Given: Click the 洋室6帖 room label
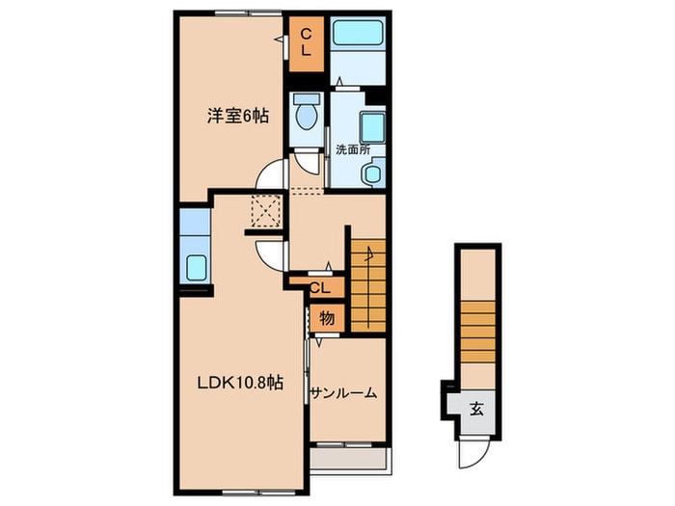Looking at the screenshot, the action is [x=238, y=117].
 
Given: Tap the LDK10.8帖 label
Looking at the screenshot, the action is [x=240, y=382].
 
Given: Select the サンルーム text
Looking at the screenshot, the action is [x=343, y=393].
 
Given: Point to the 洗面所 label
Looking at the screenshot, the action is [x=353, y=149].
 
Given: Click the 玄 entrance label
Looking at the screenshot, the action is [x=476, y=409].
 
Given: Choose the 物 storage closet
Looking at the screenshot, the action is [x=327, y=318].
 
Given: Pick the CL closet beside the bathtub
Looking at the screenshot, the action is [x=306, y=44].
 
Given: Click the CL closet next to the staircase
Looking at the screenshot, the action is [x=319, y=288].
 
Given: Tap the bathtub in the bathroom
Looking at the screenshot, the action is [x=358, y=32].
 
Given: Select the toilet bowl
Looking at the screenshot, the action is [x=306, y=113].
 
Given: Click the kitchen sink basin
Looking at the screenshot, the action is [x=197, y=267].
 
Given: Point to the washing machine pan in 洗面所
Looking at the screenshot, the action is [x=372, y=126].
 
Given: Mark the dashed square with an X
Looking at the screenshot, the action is [x=266, y=211].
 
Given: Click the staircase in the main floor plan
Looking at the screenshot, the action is [x=368, y=285].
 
